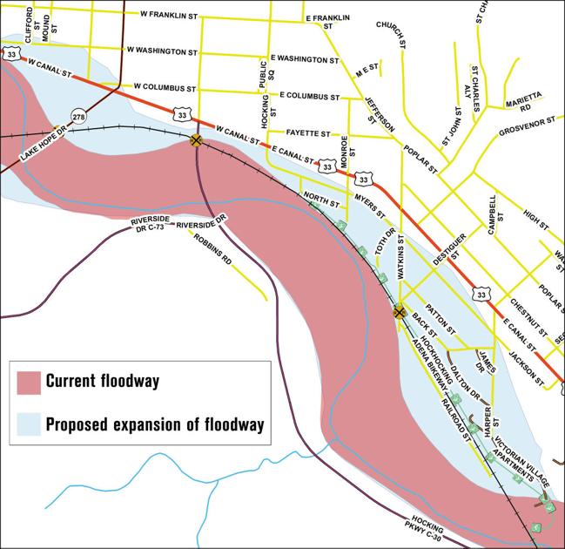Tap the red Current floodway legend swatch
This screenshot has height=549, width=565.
(x=29, y=381)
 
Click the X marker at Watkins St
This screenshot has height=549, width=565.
(x=400, y=310)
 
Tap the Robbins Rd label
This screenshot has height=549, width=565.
(x=213, y=248)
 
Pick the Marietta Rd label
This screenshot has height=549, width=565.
(x=525, y=101)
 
